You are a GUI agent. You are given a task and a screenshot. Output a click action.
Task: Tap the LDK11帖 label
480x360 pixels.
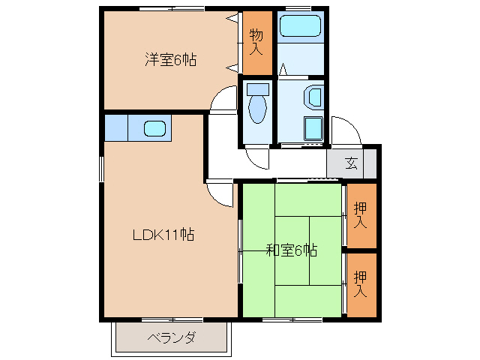pos(163,235)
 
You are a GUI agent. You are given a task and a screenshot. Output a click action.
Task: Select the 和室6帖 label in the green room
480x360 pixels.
pos(292,250)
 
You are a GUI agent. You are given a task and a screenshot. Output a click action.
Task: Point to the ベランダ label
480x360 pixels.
pos(171,337)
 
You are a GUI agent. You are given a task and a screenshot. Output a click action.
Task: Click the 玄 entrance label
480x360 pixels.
pos(351,162)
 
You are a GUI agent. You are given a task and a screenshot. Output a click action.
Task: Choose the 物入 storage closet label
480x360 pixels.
pos(256,42)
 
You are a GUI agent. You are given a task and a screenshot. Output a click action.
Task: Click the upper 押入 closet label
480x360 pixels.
pos(361,216)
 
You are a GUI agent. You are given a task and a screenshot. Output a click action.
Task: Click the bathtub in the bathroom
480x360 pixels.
pos(300,28)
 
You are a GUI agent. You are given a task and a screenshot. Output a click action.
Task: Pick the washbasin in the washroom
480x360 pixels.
pos(313,97)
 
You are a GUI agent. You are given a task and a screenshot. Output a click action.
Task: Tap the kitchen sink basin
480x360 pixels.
pos(154,128)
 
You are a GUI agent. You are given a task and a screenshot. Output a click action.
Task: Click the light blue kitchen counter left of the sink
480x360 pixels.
pos(116,127)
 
